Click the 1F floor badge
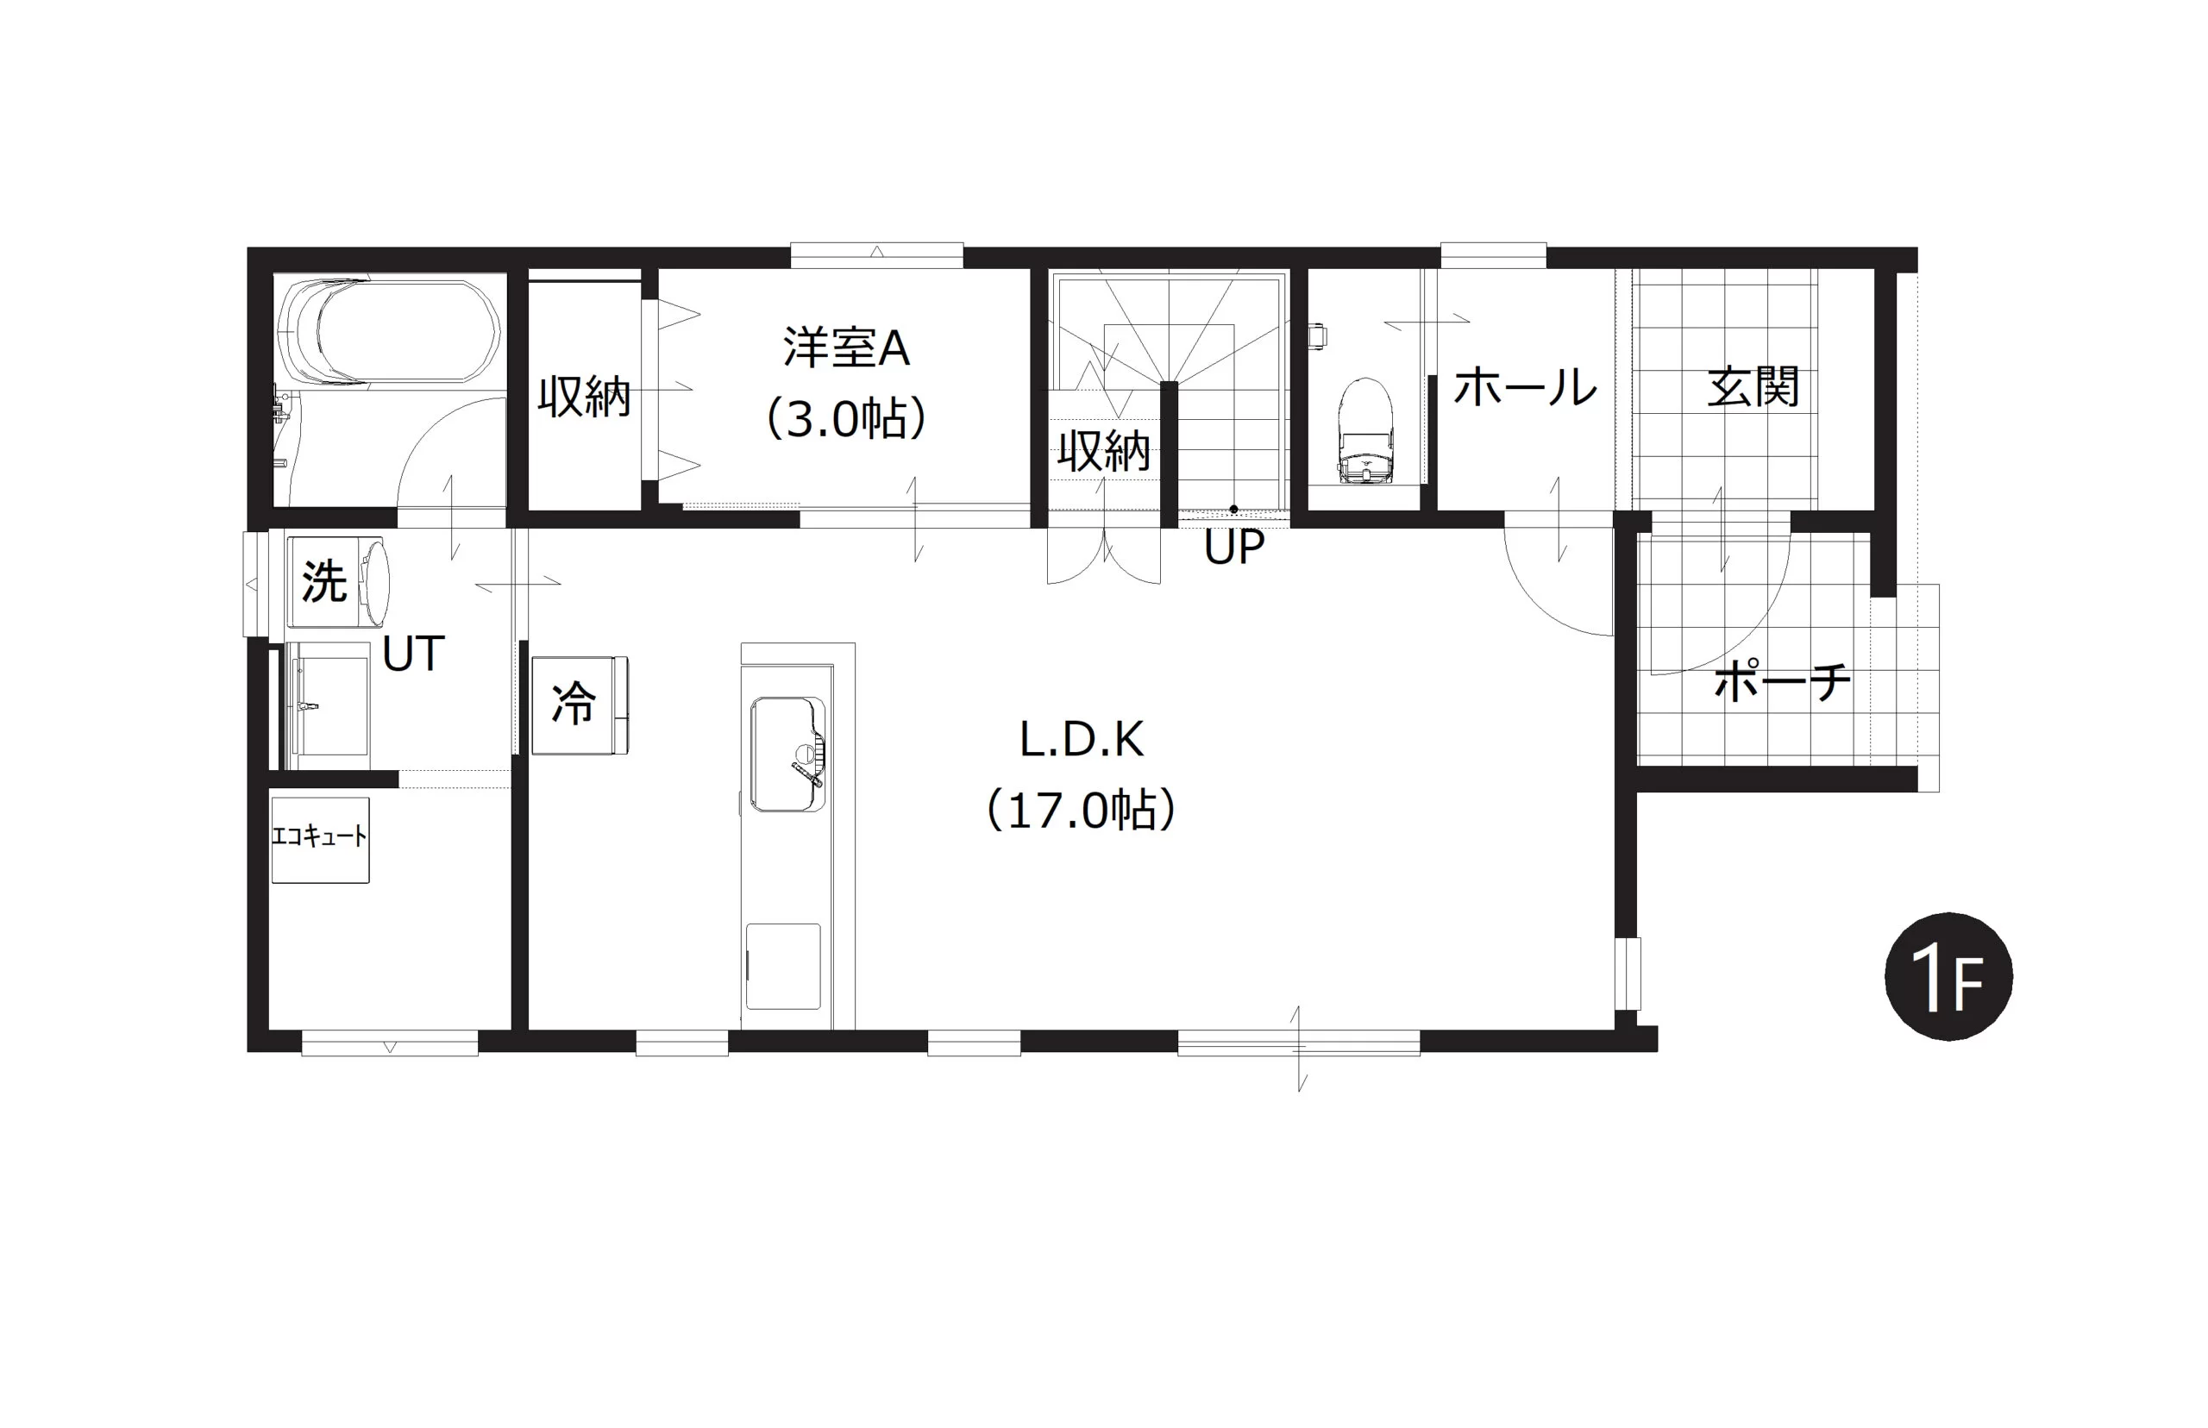[x=1948, y=975]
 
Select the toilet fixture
[x=1365, y=431]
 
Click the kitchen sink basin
[x=787, y=754]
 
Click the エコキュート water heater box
[x=320, y=839]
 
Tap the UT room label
[x=414, y=654]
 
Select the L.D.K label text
[x=1082, y=740]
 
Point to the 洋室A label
[x=846, y=348]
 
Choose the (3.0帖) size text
[x=846, y=418]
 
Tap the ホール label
[x=1526, y=387]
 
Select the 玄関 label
[x=1753, y=387]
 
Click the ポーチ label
[x=1782, y=682]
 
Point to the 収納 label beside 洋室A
[x=584, y=397]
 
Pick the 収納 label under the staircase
[x=1103, y=452]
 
